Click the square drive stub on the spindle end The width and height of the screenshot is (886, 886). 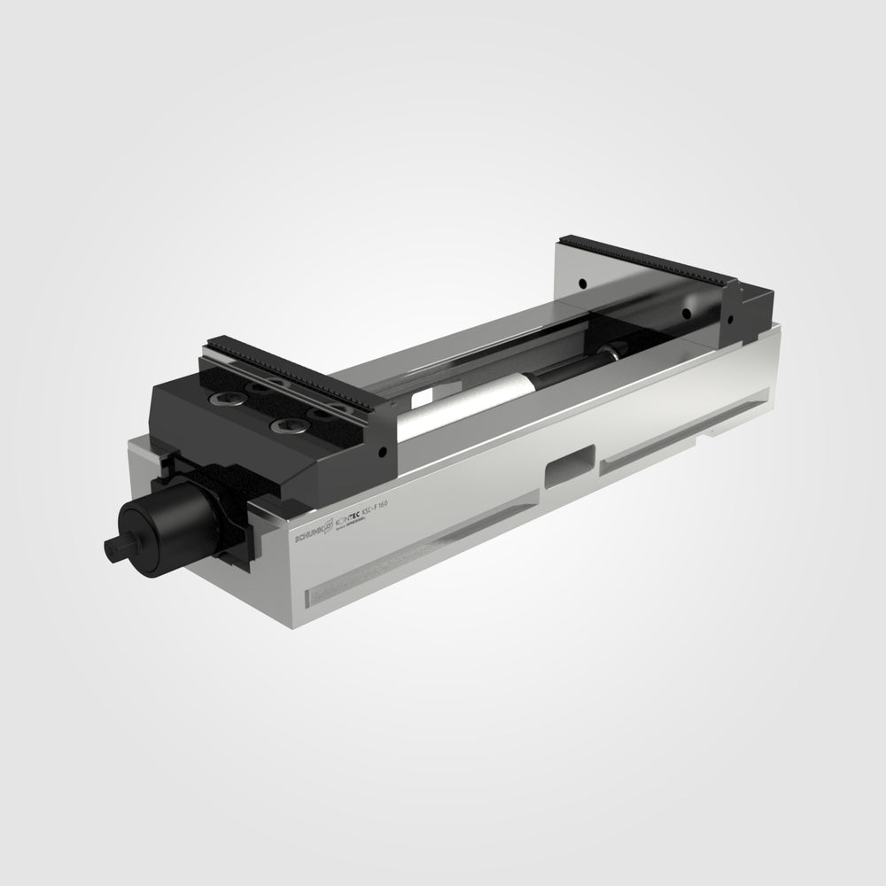coord(113,547)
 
